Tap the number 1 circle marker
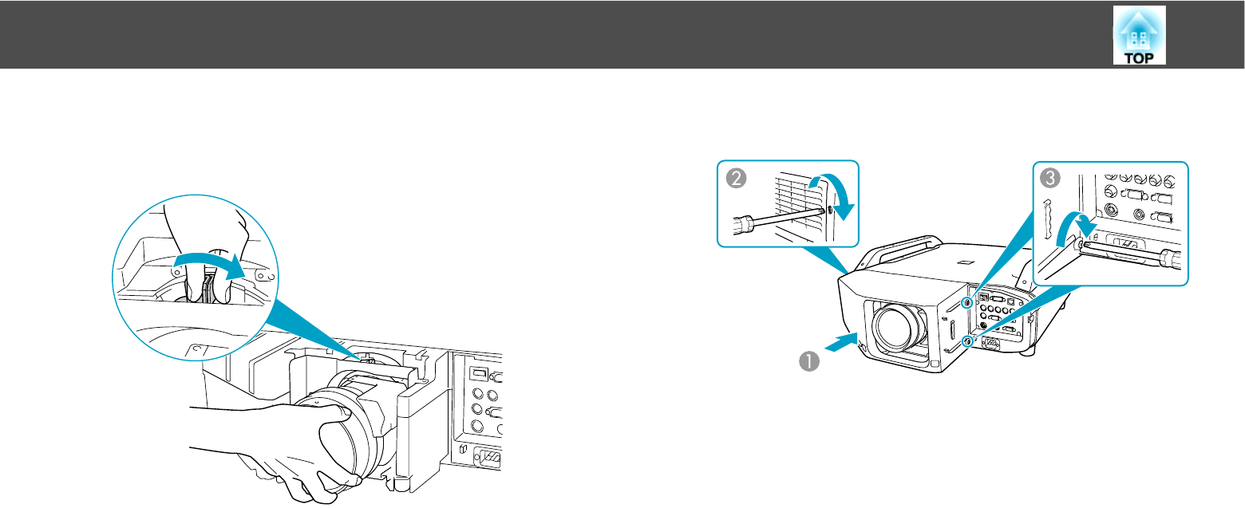tap(810, 360)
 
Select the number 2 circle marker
tap(735, 179)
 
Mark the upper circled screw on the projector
tap(968, 302)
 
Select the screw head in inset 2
tap(829, 210)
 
